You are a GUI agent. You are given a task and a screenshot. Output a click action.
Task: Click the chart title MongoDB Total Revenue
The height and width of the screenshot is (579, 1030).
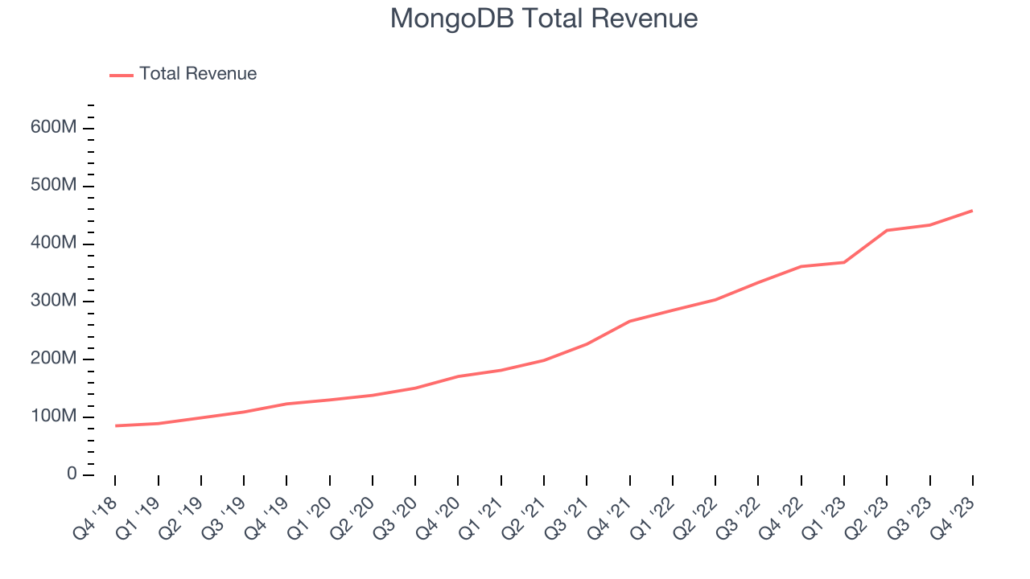(x=543, y=18)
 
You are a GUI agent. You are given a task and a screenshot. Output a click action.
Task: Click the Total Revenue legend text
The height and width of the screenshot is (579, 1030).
(x=198, y=74)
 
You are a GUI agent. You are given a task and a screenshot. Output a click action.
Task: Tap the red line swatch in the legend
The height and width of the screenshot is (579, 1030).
(x=122, y=75)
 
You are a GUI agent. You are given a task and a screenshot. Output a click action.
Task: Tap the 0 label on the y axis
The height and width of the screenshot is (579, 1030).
(x=72, y=474)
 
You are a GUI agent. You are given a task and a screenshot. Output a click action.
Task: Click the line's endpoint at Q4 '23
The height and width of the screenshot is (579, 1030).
(x=973, y=211)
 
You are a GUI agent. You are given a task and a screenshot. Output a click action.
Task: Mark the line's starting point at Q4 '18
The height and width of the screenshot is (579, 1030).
(x=115, y=425)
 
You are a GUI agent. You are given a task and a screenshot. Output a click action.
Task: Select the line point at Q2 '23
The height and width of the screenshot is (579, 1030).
(x=887, y=230)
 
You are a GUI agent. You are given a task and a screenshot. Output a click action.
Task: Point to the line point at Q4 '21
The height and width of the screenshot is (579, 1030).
(x=629, y=321)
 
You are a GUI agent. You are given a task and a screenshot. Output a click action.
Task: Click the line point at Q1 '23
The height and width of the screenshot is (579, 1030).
(x=844, y=262)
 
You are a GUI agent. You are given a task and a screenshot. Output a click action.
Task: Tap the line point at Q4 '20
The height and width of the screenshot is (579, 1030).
(x=458, y=376)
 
